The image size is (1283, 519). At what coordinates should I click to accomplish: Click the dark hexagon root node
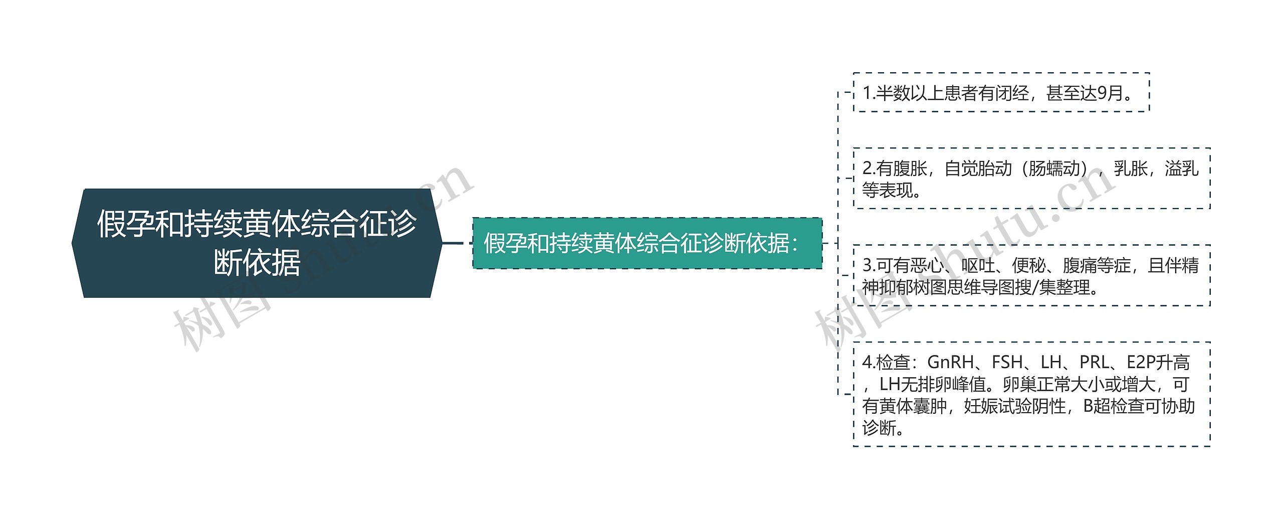point(257,243)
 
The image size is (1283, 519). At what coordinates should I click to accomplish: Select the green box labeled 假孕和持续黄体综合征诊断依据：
point(647,243)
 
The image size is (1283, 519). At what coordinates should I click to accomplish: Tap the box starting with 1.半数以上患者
point(1000,93)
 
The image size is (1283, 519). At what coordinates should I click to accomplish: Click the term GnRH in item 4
point(950,362)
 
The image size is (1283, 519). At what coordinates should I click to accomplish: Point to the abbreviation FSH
point(1007,362)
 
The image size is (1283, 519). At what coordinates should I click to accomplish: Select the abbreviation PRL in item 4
point(1095,362)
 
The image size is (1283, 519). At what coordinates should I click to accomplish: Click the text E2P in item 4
point(1141,362)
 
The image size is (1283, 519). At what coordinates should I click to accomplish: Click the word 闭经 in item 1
point(1012,93)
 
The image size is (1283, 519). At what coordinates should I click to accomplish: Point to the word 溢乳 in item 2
point(1182,168)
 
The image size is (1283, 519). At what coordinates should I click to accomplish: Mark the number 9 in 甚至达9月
point(1103,93)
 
